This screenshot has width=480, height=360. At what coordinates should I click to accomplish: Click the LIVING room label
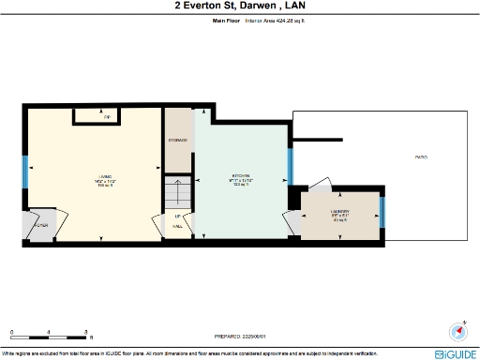pyautogui.click(x=103, y=176)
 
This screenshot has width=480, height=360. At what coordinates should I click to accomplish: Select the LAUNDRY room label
pyautogui.click(x=339, y=212)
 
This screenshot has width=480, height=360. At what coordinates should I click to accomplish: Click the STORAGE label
pyautogui.click(x=177, y=140)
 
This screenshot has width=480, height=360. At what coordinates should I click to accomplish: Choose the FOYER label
pyautogui.click(x=40, y=226)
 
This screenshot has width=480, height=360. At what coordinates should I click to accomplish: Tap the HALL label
pyautogui.click(x=177, y=226)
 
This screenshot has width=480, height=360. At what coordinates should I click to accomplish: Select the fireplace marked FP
pyautogui.click(x=107, y=116)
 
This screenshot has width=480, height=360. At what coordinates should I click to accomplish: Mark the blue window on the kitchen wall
pyautogui.click(x=291, y=167)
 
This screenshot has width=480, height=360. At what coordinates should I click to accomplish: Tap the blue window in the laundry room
pyautogui.click(x=382, y=212)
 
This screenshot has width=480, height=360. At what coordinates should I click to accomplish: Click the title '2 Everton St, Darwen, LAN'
pyautogui.click(x=240, y=6)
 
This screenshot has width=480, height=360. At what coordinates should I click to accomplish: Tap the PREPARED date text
pyautogui.click(x=240, y=335)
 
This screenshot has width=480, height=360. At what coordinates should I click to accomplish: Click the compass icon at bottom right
pyautogui.click(x=457, y=331)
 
